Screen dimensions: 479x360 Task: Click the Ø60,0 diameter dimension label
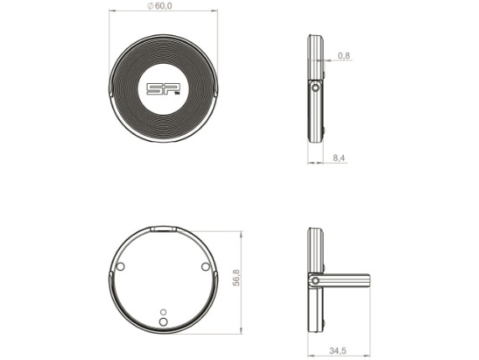point(159,6)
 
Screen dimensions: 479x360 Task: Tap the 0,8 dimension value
point(344,55)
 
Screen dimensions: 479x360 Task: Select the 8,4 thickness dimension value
point(339,158)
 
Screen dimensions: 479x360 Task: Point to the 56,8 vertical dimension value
point(236,278)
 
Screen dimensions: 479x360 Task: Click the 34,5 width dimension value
point(337,351)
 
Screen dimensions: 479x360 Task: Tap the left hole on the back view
point(121,266)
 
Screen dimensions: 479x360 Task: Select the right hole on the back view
point(206,267)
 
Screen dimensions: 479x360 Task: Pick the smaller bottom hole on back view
point(164,311)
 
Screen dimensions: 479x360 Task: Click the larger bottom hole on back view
point(164,321)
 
